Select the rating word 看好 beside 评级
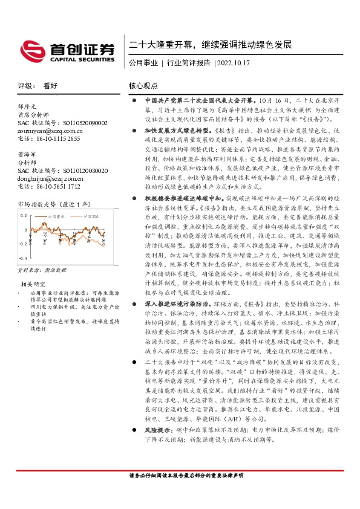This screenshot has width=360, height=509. click(51, 86)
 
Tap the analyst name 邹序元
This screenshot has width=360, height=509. click(28, 106)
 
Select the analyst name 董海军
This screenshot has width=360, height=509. click(28, 155)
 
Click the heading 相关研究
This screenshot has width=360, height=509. click(33, 284)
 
